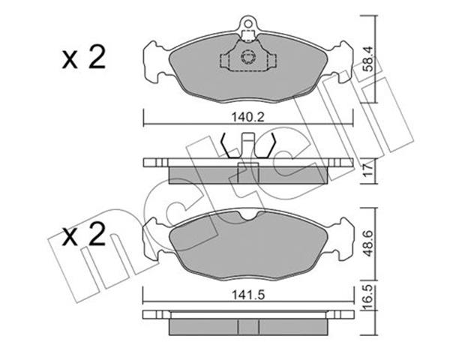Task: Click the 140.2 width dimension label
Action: (247, 117)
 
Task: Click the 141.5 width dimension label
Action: (248, 295)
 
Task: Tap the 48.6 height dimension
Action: (368, 244)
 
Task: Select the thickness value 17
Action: (368, 170)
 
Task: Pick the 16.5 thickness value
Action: (368, 297)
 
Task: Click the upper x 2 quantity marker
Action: (84, 58)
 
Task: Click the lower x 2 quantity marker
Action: (84, 234)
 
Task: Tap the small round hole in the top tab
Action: (248, 23)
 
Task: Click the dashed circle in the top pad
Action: (248, 56)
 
